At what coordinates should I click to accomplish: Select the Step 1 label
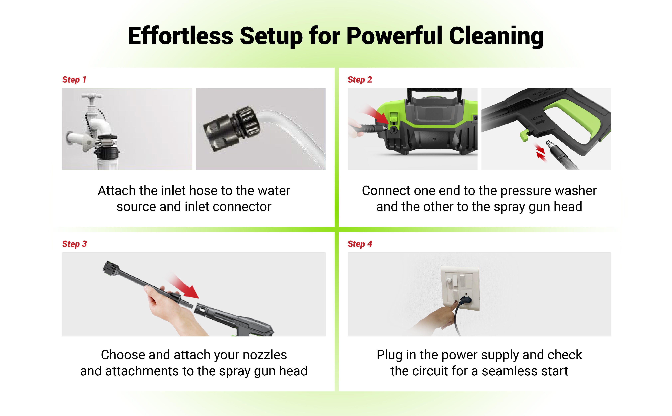tap(74, 80)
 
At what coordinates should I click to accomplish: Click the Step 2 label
tap(360, 80)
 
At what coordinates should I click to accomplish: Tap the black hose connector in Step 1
tap(232, 129)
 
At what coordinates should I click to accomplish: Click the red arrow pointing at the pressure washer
tap(376, 115)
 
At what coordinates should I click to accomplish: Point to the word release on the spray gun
tap(537, 117)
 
